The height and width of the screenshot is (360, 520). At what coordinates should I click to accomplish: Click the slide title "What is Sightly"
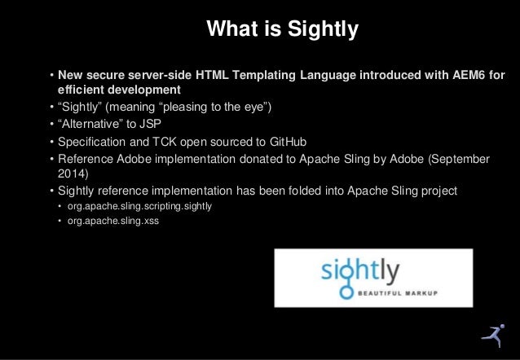[282, 31]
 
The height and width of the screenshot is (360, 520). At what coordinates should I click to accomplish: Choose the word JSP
[151, 125]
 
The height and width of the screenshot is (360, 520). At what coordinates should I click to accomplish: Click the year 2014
[71, 173]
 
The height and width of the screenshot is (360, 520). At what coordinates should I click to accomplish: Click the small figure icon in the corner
[491, 335]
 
